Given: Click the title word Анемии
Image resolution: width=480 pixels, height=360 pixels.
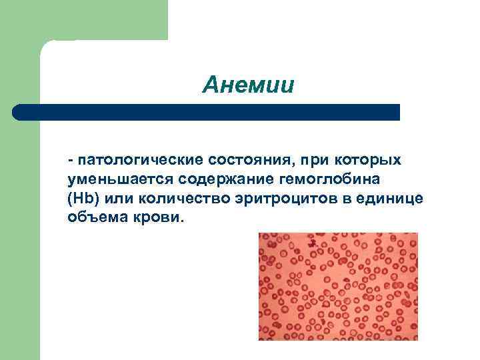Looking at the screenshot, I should [x=249, y=86].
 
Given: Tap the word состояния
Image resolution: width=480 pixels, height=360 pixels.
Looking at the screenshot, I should [x=254, y=161].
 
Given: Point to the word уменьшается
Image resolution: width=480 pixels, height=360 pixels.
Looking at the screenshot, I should [x=109, y=180].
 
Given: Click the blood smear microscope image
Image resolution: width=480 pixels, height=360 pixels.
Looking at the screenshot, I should [x=338, y=286].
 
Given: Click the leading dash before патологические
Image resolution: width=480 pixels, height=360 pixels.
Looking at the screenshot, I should [x=70, y=161].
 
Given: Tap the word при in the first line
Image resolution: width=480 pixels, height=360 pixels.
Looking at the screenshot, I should [x=313, y=161].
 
